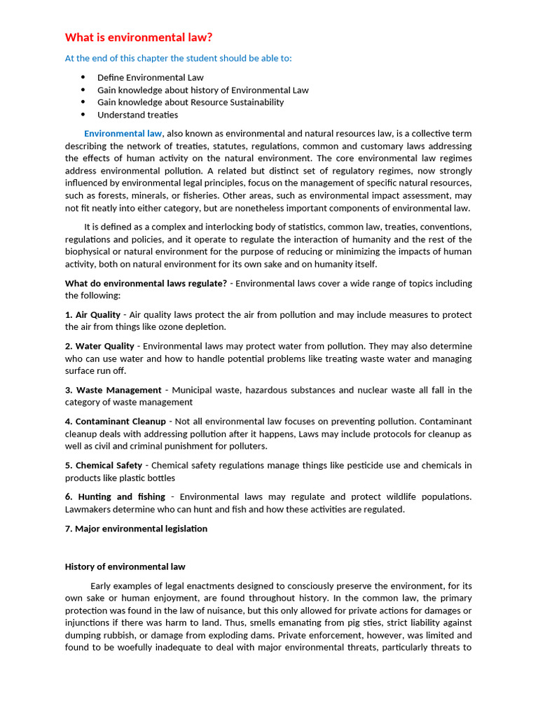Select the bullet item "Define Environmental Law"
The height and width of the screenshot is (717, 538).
[151, 78]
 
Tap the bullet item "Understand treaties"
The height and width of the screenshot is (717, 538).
[137, 115]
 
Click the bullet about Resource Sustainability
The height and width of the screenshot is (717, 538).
[191, 102]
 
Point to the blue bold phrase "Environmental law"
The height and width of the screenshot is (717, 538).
[123, 134]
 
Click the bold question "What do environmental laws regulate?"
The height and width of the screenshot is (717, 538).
[146, 284]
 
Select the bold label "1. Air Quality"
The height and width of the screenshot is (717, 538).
[92, 315]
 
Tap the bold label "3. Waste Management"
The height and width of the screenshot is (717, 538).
[113, 390]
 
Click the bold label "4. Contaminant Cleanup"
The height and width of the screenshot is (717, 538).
[116, 422]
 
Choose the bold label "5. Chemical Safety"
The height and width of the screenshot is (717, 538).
[104, 466]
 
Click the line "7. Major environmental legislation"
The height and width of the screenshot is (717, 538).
[136, 529]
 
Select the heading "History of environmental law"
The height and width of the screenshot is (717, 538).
[125, 566]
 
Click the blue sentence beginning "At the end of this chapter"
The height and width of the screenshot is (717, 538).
[179, 58]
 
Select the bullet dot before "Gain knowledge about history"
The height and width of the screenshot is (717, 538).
[83, 90]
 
